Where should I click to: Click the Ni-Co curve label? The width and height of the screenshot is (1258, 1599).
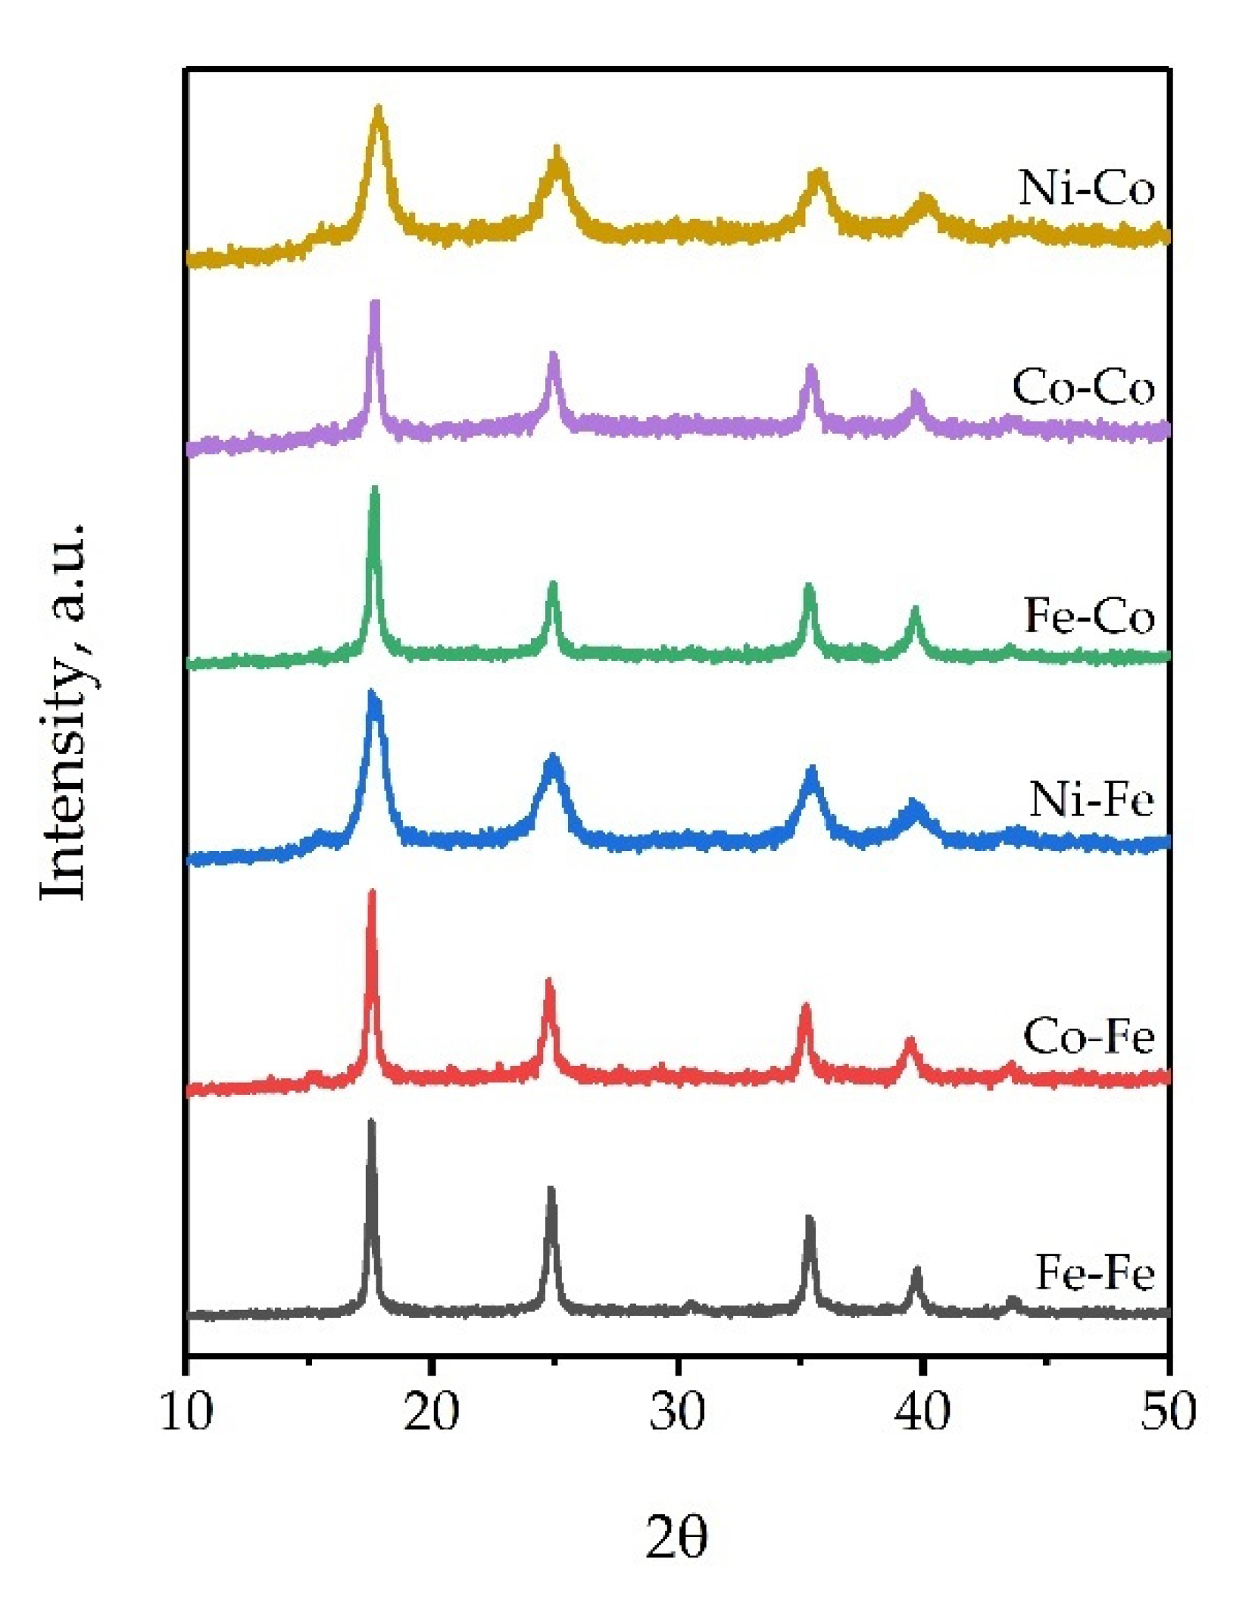(1086, 187)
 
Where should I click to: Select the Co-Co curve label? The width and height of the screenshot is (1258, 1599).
(1083, 387)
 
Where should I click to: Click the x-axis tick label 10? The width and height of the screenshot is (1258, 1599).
(186, 1411)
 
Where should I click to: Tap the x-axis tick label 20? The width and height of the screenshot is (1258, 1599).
(431, 1411)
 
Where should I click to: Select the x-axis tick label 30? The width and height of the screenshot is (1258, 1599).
(677, 1411)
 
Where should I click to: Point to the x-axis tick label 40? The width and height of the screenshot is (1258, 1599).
(922, 1411)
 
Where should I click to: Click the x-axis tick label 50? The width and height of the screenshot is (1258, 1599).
(1168, 1411)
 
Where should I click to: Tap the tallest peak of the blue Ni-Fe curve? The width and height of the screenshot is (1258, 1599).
(372, 694)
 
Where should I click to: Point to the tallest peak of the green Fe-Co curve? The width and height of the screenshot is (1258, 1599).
(374, 491)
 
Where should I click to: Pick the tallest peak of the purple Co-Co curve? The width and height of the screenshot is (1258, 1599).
(374, 304)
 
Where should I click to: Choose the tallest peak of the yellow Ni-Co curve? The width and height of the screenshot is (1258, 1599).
(379, 110)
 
